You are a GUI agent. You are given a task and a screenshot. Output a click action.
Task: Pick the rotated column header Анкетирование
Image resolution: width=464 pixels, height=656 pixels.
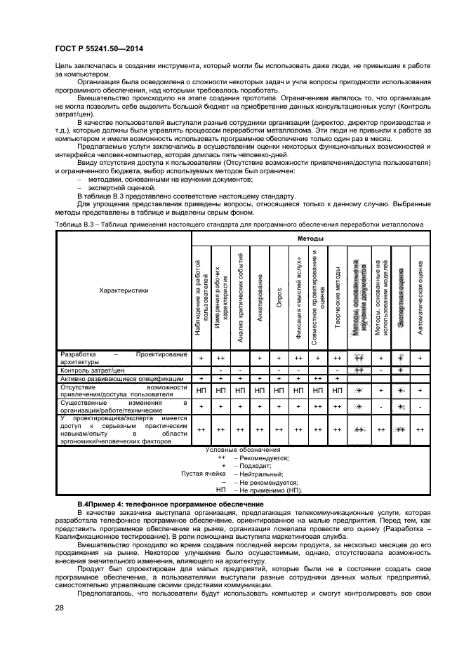click(260, 297)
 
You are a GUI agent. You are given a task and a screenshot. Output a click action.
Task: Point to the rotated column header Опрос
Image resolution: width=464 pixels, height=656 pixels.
click(279, 297)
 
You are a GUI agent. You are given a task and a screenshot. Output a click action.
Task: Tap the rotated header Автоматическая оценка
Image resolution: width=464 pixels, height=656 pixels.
click(420, 297)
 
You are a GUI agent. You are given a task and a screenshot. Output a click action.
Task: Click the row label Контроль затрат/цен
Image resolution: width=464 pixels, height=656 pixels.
click(93, 369)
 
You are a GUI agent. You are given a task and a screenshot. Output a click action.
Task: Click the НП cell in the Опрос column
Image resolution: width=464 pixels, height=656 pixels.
click(279, 389)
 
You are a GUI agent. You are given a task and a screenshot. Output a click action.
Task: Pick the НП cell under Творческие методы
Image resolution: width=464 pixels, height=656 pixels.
click(338, 389)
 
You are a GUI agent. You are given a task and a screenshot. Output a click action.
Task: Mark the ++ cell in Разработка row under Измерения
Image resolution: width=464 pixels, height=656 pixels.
click(220, 358)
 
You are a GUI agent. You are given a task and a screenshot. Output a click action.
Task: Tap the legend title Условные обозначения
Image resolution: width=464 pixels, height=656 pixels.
click(243, 449)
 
